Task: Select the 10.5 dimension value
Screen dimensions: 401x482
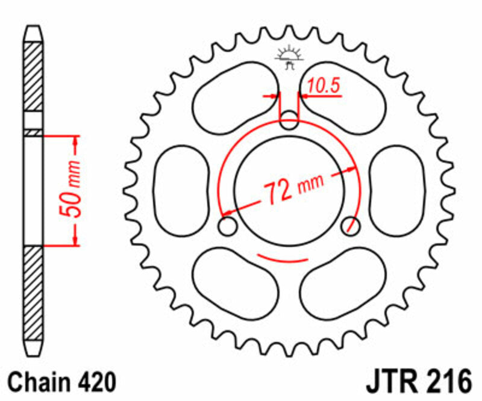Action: (x=324, y=87)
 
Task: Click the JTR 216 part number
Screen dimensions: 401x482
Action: (x=417, y=381)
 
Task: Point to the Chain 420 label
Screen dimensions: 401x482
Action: (x=60, y=382)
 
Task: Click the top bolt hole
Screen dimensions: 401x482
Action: (x=290, y=119)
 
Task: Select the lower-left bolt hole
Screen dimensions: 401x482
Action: (x=227, y=227)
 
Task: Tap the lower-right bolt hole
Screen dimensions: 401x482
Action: (x=350, y=226)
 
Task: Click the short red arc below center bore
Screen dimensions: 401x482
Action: (x=283, y=259)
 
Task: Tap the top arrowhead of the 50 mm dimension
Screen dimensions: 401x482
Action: (x=75, y=141)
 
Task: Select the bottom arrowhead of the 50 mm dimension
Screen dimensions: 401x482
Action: (x=75, y=239)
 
